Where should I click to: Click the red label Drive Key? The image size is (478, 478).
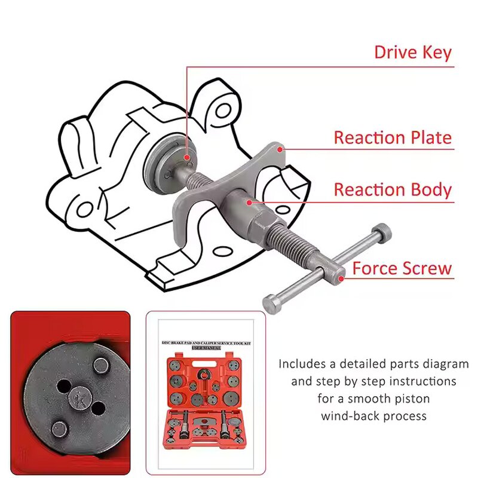click(413, 52)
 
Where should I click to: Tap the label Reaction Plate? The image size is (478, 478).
click(393, 137)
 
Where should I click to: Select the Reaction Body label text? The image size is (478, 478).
click(393, 190)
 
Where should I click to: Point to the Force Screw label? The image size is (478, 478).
click(402, 268)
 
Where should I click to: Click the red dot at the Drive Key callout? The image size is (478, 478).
click(187, 158)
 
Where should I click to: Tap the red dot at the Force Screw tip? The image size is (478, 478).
click(341, 277)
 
